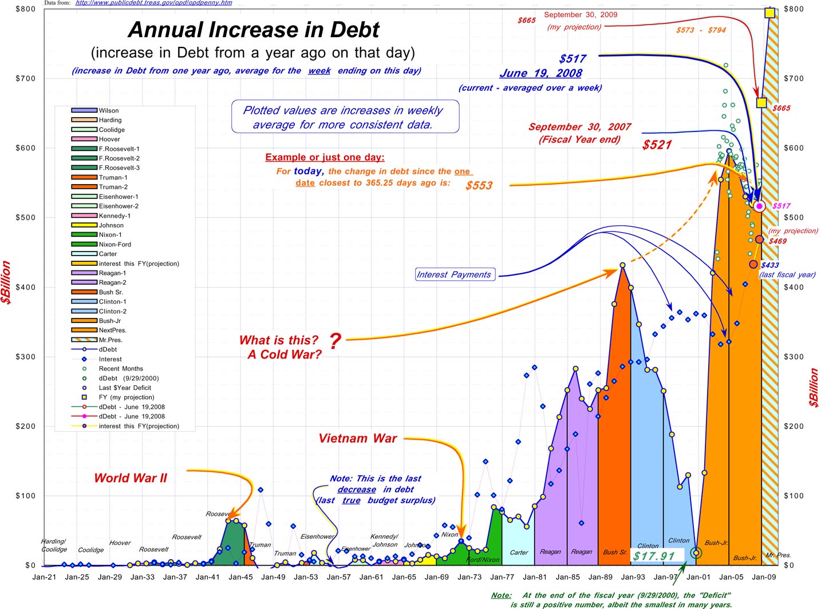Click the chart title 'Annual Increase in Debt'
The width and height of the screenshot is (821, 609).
[254, 30]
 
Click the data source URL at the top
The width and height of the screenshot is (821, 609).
[153, 3]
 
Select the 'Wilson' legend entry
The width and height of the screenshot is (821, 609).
[108, 110]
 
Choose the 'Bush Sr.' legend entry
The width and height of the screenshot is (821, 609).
[110, 292]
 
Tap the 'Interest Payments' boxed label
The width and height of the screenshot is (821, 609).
[454, 274]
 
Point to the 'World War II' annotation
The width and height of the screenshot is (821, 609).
[131, 478]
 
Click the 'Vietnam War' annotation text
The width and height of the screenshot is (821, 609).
[358, 439]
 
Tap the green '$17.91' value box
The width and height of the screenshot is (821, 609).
[654, 556]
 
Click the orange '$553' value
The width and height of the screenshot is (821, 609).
[479, 185]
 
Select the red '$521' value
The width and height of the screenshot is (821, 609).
[657, 145]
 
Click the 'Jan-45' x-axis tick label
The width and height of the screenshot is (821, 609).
[240, 577]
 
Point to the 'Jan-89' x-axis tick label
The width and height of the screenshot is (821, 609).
[601, 577]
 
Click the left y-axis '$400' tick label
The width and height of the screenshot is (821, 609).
[25, 287]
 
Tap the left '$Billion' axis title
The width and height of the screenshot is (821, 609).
[6, 282]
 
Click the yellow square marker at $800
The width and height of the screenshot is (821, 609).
[769, 13]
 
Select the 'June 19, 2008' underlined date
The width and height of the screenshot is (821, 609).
[540, 73]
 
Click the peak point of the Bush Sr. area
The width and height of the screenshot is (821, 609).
[623, 265]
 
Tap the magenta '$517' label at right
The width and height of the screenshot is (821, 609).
[781, 206]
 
